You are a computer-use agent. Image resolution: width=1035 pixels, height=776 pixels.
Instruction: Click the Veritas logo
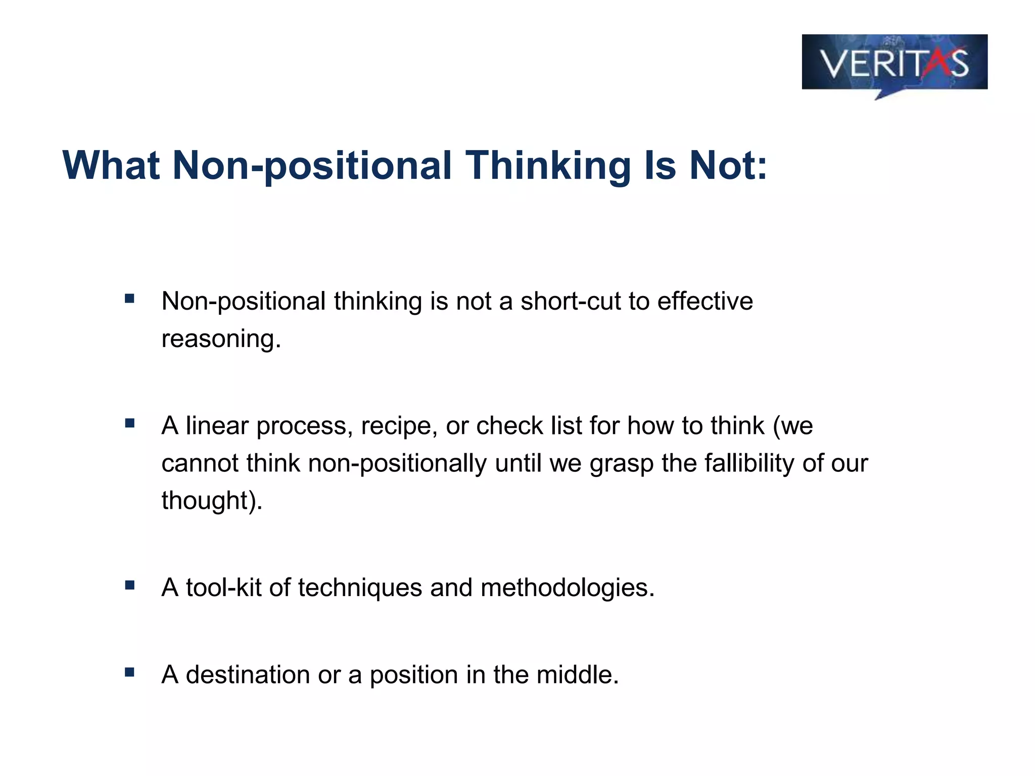coord(894,63)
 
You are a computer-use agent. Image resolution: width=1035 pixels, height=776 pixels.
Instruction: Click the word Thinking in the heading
coord(548,165)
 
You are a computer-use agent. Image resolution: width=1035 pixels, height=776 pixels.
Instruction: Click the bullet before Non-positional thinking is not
coord(130,299)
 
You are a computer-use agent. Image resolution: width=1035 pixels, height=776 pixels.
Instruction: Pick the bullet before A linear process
coord(130,423)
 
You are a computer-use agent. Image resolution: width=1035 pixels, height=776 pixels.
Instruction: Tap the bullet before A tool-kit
coord(130,585)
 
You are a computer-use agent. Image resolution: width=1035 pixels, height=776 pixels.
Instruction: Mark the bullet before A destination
coord(130,672)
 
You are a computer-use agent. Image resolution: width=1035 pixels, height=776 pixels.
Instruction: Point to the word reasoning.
coord(221,339)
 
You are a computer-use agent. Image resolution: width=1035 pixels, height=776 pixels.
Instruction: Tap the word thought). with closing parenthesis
coord(212,500)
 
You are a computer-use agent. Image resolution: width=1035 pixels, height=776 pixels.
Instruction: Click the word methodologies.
coord(567,588)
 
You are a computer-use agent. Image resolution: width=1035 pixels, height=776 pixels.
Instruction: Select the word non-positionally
coord(397,463)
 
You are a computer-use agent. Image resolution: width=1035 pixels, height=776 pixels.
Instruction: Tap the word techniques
coord(360,588)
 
